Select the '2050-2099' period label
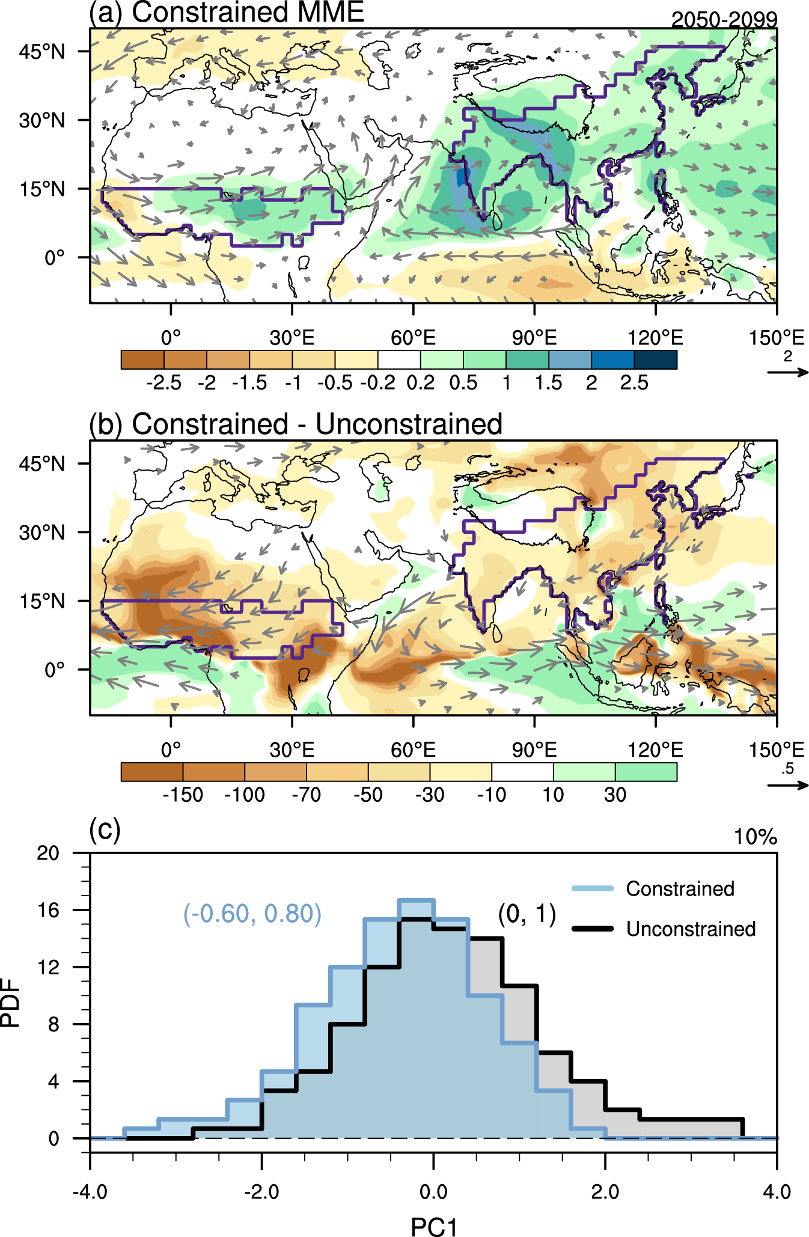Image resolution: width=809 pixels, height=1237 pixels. [x=724, y=20]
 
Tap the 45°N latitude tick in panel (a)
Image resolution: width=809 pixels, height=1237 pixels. [x=42, y=52]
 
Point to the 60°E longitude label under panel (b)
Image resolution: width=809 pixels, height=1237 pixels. [x=413, y=750]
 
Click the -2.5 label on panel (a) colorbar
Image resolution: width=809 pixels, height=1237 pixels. [x=163, y=383]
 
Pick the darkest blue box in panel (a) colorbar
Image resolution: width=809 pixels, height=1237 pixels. [x=655, y=359]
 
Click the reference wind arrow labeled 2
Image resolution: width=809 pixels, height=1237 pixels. [x=788, y=372]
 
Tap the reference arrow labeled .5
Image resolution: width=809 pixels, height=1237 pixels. [x=788, y=784]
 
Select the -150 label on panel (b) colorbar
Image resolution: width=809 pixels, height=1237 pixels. [x=183, y=795]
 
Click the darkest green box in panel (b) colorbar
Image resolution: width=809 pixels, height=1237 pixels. [x=646, y=771]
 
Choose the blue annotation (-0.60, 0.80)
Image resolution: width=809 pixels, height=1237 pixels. [x=252, y=914]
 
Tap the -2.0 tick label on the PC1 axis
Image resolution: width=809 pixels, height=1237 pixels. [x=261, y=1191]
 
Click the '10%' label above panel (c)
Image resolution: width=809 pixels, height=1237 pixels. [x=756, y=837]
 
